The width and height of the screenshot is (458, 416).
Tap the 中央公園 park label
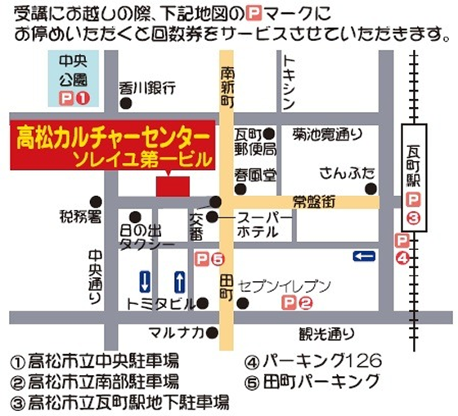tap(74, 70)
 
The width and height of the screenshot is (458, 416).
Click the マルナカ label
tap(175, 332)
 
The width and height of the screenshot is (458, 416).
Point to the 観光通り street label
tap(326, 332)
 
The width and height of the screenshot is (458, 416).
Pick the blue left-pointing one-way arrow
tap(364, 257)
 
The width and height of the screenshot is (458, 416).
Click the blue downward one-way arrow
tap(144, 281)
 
